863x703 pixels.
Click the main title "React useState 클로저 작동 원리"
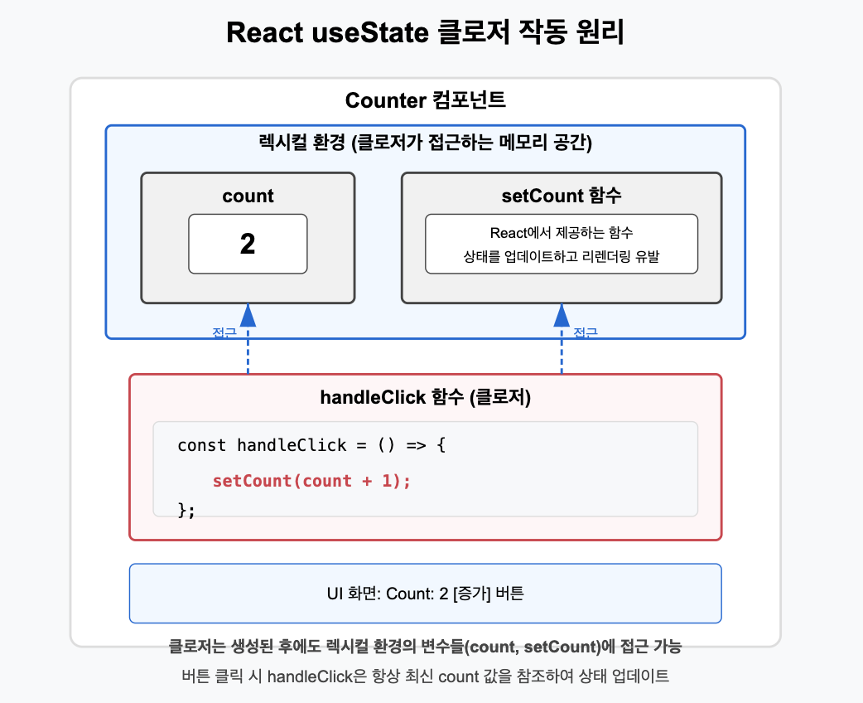tap(425, 33)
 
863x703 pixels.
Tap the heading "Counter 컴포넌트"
tap(425, 101)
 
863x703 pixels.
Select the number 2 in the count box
tap(248, 244)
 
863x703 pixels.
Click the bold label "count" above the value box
tap(248, 196)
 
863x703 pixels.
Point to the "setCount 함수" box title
tap(562, 196)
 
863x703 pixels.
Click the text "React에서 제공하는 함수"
tap(562, 233)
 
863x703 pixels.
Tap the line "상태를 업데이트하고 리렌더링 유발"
tap(562, 257)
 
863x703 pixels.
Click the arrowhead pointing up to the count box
tap(248, 314)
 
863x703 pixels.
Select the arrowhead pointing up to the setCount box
tap(562, 314)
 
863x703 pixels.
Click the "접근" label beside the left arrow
tap(224, 333)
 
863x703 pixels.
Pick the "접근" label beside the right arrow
tap(586, 333)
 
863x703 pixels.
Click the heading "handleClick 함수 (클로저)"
tap(425, 397)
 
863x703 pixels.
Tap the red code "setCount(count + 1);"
tap(311, 481)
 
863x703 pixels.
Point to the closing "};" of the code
tap(186, 509)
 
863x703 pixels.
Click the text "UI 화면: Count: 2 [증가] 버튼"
tap(425, 594)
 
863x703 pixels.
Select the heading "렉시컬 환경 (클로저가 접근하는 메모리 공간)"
tap(425, 143)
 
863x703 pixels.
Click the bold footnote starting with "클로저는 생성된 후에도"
tap(425, 646)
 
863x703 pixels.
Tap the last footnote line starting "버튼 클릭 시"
tap(425, 676)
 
